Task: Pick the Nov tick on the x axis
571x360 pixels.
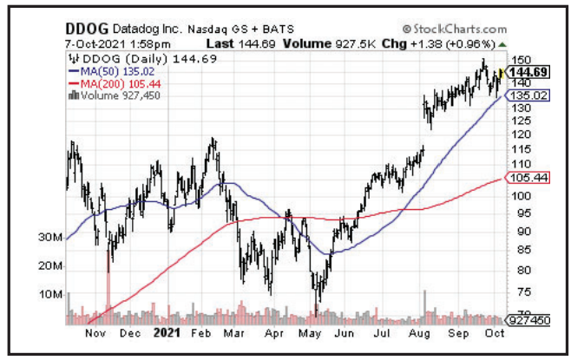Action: pos(96,333)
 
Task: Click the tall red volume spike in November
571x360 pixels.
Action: pos(108,286)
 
